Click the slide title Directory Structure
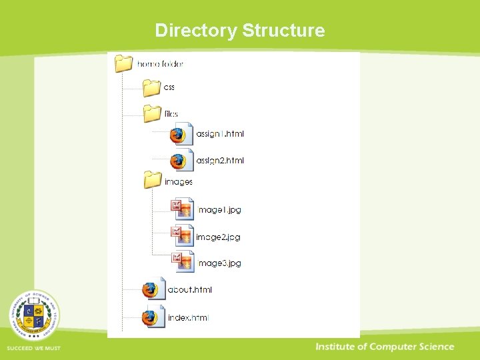pyautogui.click(x=240, y=31)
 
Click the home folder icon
pyautogui.click(x=124, y=63)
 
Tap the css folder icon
pyautogui.click(x=152, y=87)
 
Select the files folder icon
pyautogui.click(x=152, y=113)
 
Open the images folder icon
pyautogui.click(x=153, y=181)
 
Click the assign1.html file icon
pyautogui.click(x=181, y=133)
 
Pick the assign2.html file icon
pyautogui.click(x=181, y=161)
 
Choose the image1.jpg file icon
pyautogui.click(x=183, y=209)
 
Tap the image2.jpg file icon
pyautogui.click(x=183, y=236)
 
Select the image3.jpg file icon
pyautogui.click(x=183, y=262)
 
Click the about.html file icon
pyautogui.click(x=153, y=289)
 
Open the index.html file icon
pyautogui.click(x=153, y=317)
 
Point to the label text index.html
pyautogui.click(x=188, y=318)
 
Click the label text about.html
pyautogui.click(x=190, y=290)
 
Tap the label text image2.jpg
pyautogui.click(x=218, y=237)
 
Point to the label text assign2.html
pyautogui.click(x=220, y=161)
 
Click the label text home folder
pyautogui.click(x=160, y=64)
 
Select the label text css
pyautogui.click(x=169, y=87)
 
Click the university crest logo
pyautogui.click(x=33, y=315)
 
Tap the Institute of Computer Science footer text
pyautogui.click(x=385, y=347)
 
